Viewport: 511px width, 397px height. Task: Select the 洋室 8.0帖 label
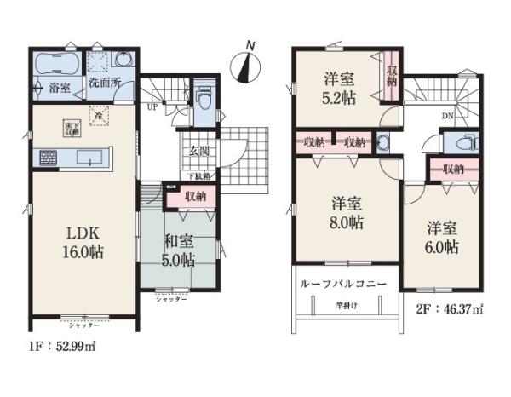pyautogui.click(x=347, y=214)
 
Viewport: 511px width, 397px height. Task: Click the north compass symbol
pyautogui.click(x=247, y=63)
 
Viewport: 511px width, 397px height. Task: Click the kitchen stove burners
pyautogui.click(x=47, y=158)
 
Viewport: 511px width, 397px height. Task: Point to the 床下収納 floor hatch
pyautogui.click(x=70, y=128)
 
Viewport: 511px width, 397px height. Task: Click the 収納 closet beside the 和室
pyautogui.click(x=196, y=196)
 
